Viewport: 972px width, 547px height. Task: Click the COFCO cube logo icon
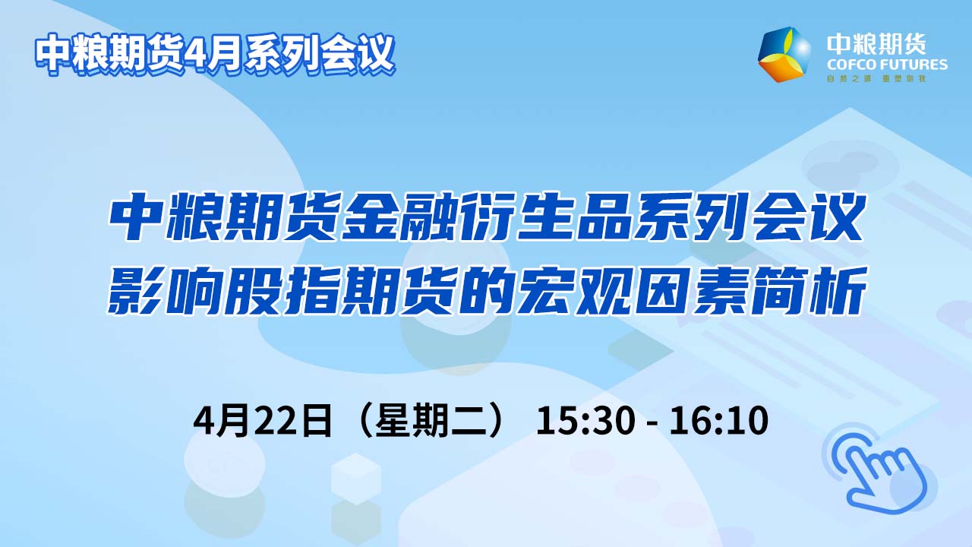click(784, 54)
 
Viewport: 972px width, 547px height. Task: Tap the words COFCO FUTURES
click(887, 65)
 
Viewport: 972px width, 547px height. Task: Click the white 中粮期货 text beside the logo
click(876, 44)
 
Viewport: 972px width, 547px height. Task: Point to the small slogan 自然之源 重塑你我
click(876, 78)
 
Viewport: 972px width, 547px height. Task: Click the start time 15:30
click(585, 420)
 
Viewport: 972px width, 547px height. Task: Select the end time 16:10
click(719, 420)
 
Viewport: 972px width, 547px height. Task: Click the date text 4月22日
click(263, 420)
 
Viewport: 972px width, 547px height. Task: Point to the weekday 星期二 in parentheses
click(432, 420)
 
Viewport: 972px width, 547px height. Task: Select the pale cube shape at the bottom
click(356, 479)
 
